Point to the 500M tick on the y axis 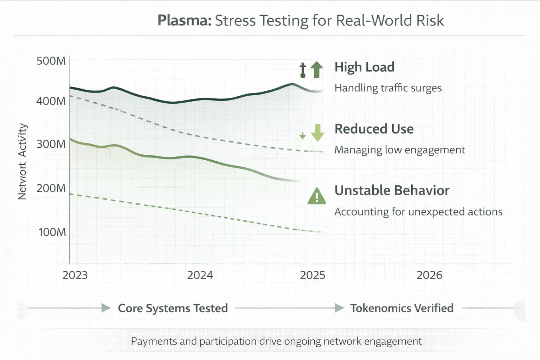click(51, 61)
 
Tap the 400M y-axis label click(51, 101)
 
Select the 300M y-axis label click(51, 144)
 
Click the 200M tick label click(51, 188)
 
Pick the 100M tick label click(52, 232)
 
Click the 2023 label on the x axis click(75, 275)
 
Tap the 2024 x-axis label click(200, 275)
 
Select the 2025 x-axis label click(313, 275)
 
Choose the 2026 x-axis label click(429, 275)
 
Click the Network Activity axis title click(22, 161)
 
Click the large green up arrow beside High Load click(317, 69)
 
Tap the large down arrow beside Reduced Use click(317, 133)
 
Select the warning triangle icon click(316, 196)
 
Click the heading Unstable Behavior click(392, 191)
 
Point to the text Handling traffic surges click(388, 88)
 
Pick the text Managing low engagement click(400, 150)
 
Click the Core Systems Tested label click(173, 308)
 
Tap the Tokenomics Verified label click(401, 308)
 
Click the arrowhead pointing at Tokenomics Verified click(339, 308)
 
